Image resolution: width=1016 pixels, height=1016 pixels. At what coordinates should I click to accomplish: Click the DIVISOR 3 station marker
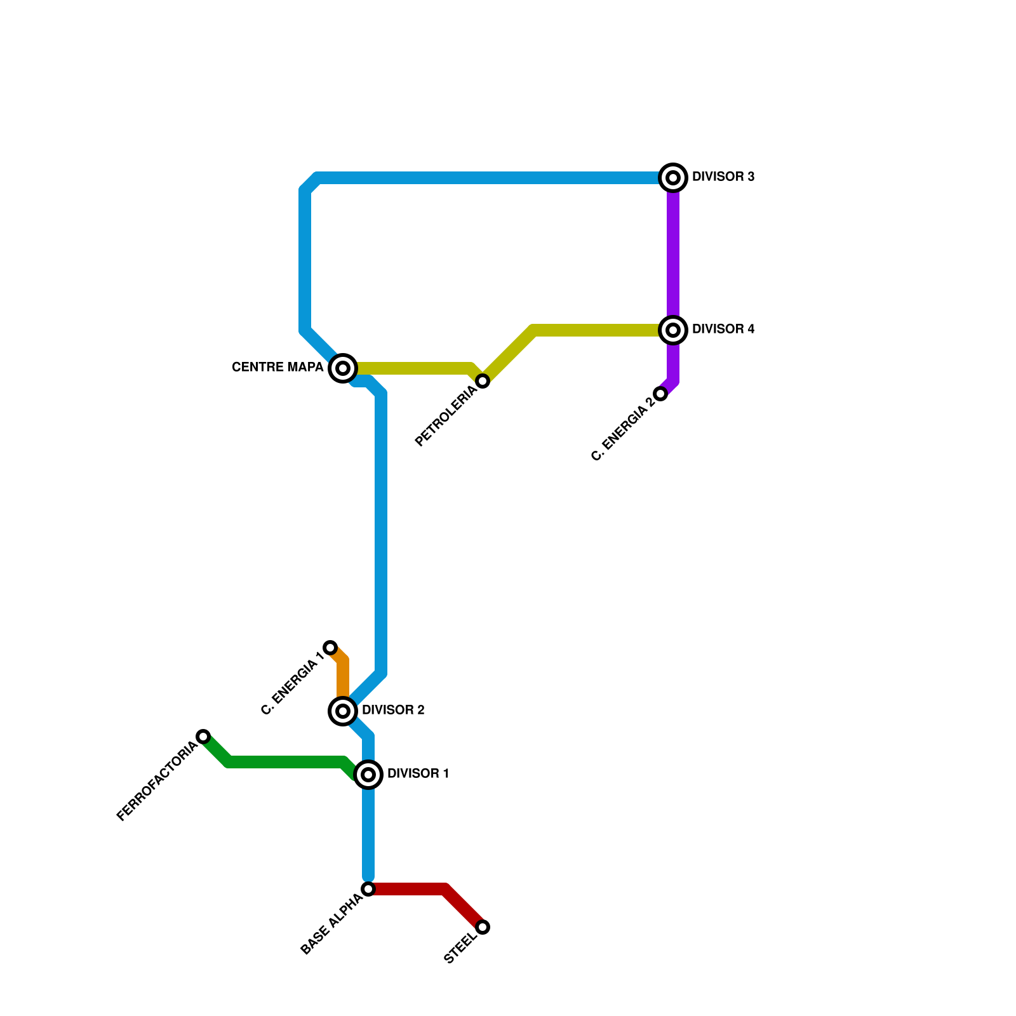(673, 177)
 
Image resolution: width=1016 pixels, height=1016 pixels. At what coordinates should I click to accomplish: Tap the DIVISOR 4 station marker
(673, 330)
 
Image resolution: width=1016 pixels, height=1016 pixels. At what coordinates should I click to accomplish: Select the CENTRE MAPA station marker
(343, 368)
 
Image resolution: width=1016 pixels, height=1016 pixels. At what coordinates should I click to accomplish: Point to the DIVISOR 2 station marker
(343, 711)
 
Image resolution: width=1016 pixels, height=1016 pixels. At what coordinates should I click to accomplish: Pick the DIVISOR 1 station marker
(368, 774)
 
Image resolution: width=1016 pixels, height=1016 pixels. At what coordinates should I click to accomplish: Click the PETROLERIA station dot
(483, 381)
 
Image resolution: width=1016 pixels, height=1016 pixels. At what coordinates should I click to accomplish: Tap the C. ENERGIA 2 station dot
(660, 394)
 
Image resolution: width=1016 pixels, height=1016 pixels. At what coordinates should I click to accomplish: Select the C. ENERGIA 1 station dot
(330, 648)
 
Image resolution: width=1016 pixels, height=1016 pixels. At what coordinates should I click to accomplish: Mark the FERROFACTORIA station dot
(203, 737)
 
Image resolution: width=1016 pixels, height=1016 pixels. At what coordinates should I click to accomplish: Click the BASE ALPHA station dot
(368, 889)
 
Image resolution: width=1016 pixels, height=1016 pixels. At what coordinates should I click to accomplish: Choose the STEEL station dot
(483, 927)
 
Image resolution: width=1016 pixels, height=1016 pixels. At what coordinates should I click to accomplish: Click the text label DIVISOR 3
(723, 177)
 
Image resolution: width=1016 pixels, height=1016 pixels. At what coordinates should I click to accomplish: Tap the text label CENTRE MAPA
(277, 368)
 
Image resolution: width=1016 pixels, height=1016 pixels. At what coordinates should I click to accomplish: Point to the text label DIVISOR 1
(418, 774)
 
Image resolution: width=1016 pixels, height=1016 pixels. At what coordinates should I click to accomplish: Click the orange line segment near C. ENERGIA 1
(343, 676)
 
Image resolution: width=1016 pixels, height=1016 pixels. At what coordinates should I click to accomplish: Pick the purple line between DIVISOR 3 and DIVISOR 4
(673, 254)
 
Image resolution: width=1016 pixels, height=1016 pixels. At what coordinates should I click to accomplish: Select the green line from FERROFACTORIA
(286, 762)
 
